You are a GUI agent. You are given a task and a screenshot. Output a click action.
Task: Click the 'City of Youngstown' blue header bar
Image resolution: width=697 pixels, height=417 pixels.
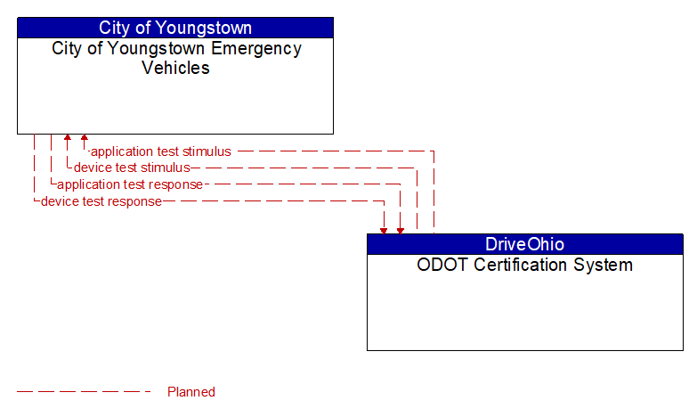(175, 28)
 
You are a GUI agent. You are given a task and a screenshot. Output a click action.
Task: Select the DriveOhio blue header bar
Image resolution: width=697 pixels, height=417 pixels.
(524, 244)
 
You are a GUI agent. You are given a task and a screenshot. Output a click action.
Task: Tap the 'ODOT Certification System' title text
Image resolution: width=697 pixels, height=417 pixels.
(524, 265)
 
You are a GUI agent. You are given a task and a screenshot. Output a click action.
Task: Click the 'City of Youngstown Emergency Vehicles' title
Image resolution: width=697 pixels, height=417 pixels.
(176, 58)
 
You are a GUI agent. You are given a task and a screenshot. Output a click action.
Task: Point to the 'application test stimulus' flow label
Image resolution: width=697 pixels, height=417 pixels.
(161, 151)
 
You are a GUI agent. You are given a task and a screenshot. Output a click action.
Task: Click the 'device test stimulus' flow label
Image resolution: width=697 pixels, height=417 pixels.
(132, 168)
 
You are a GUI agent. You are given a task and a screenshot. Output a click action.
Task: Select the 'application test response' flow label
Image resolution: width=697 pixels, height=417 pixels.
(130, 184)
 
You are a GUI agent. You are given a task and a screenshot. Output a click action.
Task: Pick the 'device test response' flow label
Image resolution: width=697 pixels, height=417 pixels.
(101, 201)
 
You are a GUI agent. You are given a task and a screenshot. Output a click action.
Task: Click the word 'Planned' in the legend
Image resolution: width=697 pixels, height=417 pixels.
(191, 392)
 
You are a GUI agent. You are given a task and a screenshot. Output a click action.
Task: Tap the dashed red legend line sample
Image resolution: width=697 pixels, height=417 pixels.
(85, 392)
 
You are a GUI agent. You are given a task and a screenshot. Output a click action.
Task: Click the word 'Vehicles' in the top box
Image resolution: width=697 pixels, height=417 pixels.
(176, 68)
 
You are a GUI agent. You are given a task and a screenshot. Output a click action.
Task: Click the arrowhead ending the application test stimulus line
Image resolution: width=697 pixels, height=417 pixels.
(85, 139)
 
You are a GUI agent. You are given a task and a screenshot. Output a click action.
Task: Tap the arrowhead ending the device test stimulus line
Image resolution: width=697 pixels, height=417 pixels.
(68, 139)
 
